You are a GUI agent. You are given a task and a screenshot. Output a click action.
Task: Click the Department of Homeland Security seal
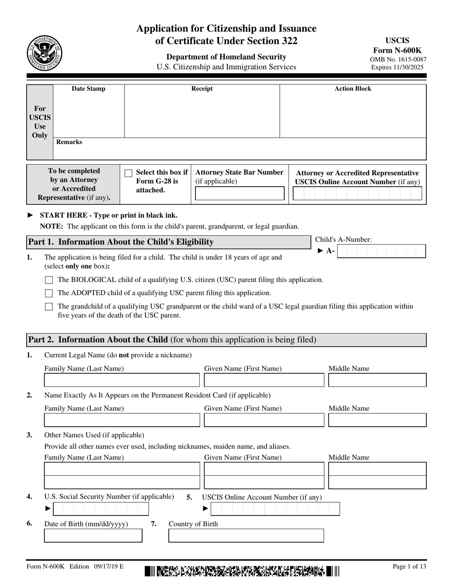[44, 52]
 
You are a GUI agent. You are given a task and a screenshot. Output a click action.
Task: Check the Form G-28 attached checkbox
[128, 173]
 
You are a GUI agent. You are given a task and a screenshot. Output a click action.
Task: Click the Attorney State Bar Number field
[239, 193]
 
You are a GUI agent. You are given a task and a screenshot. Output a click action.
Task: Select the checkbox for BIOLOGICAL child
[49, 280]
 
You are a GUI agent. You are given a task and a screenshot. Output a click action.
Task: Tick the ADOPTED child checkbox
[49, 293]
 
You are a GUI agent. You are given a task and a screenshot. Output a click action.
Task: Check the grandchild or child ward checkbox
[49, 307]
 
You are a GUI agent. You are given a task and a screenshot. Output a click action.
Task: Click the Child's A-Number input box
[381, 251]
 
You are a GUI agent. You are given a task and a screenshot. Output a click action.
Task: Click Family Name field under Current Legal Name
[122, 380]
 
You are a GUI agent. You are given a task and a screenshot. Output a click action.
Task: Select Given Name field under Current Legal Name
[264, 380]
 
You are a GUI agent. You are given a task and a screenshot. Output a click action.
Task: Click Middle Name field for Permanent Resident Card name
[378, 420]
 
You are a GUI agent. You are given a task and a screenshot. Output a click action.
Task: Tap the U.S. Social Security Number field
[101, 509]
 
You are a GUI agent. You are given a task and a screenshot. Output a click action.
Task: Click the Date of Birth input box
[93, 536]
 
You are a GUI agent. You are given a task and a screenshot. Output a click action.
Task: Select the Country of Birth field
[246, 536]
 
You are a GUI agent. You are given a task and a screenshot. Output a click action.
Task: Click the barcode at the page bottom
[242, 571]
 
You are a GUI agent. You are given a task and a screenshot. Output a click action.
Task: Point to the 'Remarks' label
[69, 142]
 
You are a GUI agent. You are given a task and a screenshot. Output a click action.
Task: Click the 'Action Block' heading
[353, 89]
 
